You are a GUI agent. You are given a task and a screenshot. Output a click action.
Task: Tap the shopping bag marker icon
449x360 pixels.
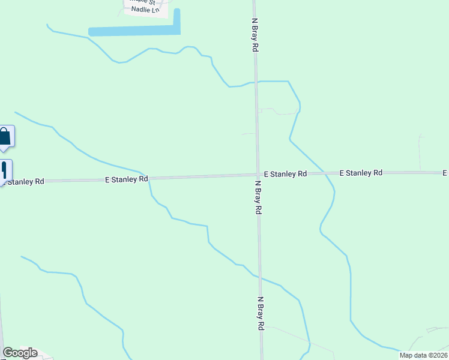(x=5, y=136)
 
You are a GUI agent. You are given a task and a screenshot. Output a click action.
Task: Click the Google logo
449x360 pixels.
(x=20, y=353)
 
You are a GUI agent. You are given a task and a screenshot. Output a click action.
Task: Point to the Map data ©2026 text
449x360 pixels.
(x=423, y=355)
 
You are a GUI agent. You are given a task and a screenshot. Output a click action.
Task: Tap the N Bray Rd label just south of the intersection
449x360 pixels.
(x=258, y=197)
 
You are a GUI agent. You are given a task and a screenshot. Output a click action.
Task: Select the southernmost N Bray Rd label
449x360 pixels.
(x=261, y=313)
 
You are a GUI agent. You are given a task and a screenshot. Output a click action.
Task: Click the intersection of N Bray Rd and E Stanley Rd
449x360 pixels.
(x=258, y=175)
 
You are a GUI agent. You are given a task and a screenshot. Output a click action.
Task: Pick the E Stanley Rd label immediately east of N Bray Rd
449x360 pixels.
(x=285, y=174)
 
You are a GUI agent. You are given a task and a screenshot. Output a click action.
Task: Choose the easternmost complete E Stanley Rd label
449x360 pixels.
(x=361, y=173)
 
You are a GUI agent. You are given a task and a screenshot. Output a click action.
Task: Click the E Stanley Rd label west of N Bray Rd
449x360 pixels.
(x=127, y=179)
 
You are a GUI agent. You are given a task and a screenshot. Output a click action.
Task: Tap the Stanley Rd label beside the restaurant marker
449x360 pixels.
(x=24, y=181)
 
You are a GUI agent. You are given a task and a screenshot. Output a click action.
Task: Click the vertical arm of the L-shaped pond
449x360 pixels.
(x=177, y=20)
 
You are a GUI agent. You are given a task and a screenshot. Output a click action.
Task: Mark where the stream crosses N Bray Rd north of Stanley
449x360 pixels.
(x=256, y=81)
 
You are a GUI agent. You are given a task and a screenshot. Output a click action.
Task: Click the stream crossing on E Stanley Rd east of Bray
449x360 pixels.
(x=325, y=173)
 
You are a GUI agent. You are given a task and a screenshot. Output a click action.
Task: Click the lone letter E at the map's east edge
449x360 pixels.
(x=445, y=173)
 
